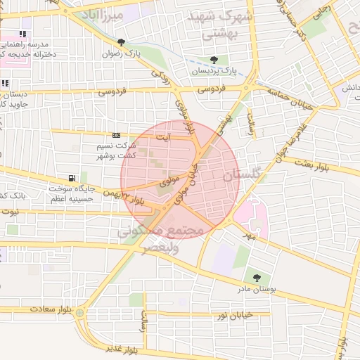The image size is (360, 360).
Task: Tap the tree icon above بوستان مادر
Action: [256, 278]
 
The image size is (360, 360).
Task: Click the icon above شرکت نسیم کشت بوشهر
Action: [116, 136]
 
